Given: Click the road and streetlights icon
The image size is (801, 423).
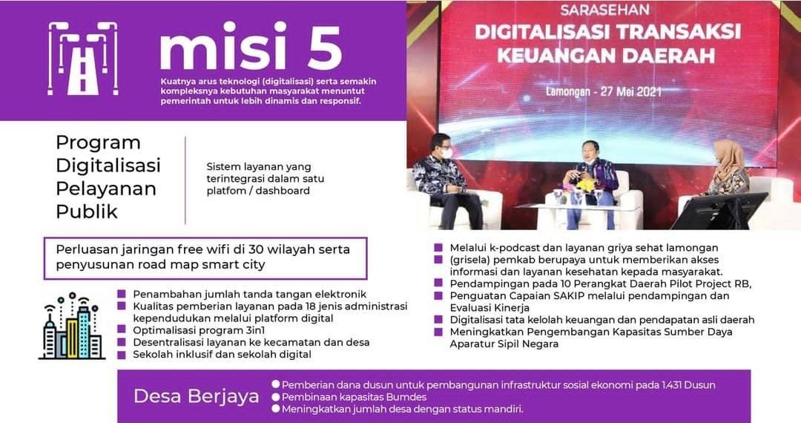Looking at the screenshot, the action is click(83, 58).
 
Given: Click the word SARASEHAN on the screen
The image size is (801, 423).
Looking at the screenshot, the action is click(605, 10).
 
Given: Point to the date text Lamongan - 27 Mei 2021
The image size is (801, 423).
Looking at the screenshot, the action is click(604, 92).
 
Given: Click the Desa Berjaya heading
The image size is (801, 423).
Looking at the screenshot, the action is click(197, 396).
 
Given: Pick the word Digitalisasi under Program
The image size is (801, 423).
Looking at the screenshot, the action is click(108, 165).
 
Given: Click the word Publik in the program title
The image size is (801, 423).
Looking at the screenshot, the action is click(87, 211).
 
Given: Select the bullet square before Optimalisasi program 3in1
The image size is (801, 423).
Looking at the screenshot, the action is click(122, 330).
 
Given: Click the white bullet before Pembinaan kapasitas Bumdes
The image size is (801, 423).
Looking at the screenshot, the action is click(276, 396).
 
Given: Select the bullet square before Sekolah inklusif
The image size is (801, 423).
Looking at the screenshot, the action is click(122, 355).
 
